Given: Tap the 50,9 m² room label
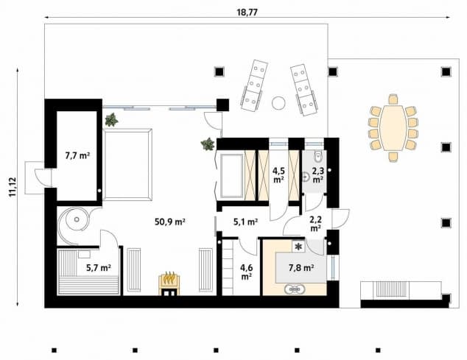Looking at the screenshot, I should tap(170, 221).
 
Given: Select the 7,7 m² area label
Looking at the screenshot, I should tap(77, 155).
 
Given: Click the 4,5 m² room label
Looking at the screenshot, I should tap(279, 174).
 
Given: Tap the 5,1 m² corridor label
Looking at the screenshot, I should tap(245, 221).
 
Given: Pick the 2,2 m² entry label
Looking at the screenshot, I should tap(315, 223).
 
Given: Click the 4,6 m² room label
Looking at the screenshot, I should tap(246, 272).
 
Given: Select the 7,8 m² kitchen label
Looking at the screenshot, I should tap(302, 268).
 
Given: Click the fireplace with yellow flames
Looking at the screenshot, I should tap(169, 281).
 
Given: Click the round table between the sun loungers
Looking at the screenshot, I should tap(278, 103).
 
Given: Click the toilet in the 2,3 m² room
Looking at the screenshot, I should tap(316, 157).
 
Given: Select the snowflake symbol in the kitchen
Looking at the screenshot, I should tap(298, 246).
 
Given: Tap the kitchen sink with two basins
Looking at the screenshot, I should tap(297, 289).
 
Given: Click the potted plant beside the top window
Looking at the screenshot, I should tap(112, 118).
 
